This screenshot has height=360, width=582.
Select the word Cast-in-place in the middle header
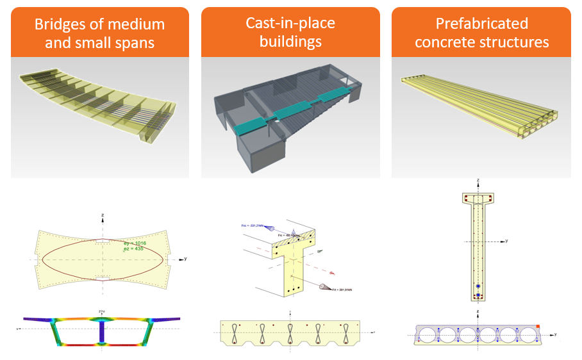290,24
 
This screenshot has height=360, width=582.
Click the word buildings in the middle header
290,42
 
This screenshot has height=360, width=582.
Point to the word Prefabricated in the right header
482,24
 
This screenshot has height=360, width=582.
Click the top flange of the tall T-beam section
476,198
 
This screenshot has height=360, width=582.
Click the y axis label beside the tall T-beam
506,241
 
